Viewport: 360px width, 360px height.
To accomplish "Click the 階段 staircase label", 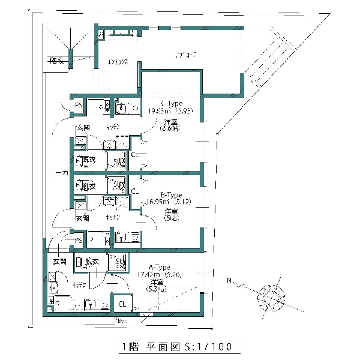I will pos(57,60).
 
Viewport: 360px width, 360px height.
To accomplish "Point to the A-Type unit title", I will pos(159,267).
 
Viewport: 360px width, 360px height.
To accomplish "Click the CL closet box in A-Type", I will pos(122,304).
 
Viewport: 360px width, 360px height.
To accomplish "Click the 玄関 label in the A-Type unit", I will pos(59,262).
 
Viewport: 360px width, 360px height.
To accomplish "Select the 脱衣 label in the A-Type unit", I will pos(91,262).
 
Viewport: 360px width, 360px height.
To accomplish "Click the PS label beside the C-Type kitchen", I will pos(79,106).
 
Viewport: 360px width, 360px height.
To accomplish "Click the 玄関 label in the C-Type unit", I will pos(83,128).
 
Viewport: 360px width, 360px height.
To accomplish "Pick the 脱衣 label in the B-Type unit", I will pos(88,186).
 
